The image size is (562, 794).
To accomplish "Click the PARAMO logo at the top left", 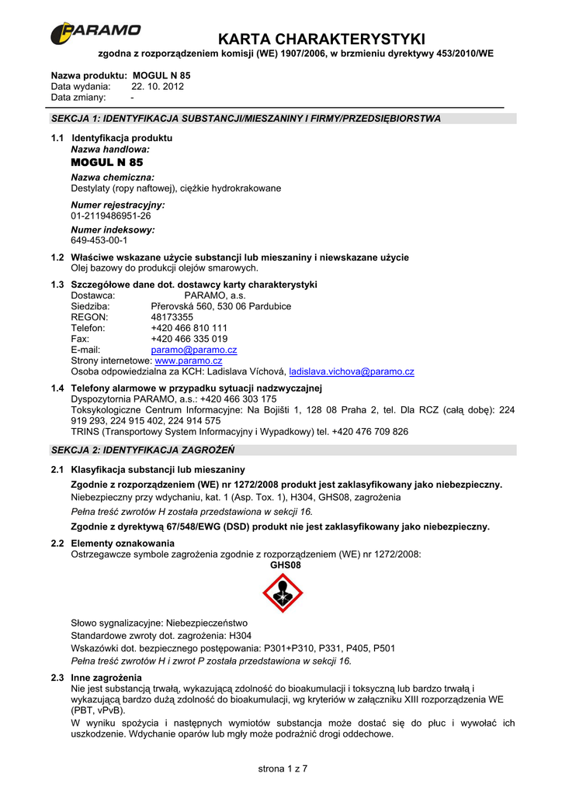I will [x=95, y=33].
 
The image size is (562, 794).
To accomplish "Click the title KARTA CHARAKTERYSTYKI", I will [x=321, y=39].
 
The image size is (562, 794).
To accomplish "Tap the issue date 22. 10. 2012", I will [x=157, y=87].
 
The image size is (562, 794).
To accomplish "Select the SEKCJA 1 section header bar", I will [x=283, y=119].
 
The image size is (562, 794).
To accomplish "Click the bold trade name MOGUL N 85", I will [x=107, y=163].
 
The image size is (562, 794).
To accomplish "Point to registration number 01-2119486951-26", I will [x=111, y=216].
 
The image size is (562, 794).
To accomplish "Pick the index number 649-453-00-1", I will [x=99, y=240].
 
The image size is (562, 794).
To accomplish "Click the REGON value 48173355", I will [x=172, y=317].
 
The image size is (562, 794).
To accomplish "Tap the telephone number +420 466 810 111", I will [x=189, y=328].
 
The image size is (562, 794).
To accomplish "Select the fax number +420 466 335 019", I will [x=189, y=339].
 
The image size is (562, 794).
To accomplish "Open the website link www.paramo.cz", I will [x=189, y=361].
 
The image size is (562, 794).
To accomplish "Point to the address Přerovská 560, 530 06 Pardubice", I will [x=220, y=306].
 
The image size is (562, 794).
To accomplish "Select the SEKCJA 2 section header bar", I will [x=283, y=450].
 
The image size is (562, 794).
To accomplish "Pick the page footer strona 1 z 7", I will [x=283, y=768].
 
